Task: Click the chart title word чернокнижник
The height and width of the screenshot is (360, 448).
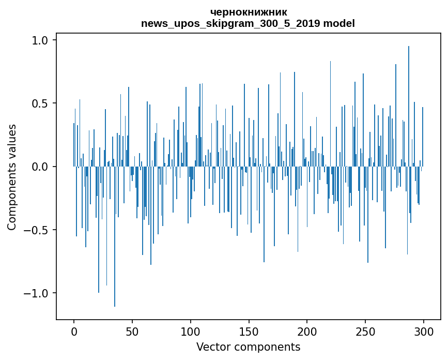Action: coord(249,12)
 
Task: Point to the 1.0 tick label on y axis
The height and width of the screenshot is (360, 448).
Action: coord(40,40)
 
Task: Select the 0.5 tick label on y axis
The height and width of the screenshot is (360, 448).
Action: coord(40,103)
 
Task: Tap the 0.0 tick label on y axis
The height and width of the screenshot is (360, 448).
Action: coord(40,167)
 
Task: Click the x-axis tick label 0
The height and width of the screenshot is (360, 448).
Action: coord(74,331)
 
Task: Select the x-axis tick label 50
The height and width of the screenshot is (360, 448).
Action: coord(132,331)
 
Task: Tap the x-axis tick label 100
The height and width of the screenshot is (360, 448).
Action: coord(191,331)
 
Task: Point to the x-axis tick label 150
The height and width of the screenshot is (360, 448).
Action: coord(249,331)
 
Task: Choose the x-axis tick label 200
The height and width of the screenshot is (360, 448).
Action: coord(307,331)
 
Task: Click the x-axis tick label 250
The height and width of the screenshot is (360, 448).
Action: coord(365,331)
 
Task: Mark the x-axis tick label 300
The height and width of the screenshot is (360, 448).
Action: coord(424,331)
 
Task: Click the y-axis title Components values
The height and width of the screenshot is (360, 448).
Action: coord(12,177)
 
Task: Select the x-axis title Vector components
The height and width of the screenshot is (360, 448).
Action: coord(248,347)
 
